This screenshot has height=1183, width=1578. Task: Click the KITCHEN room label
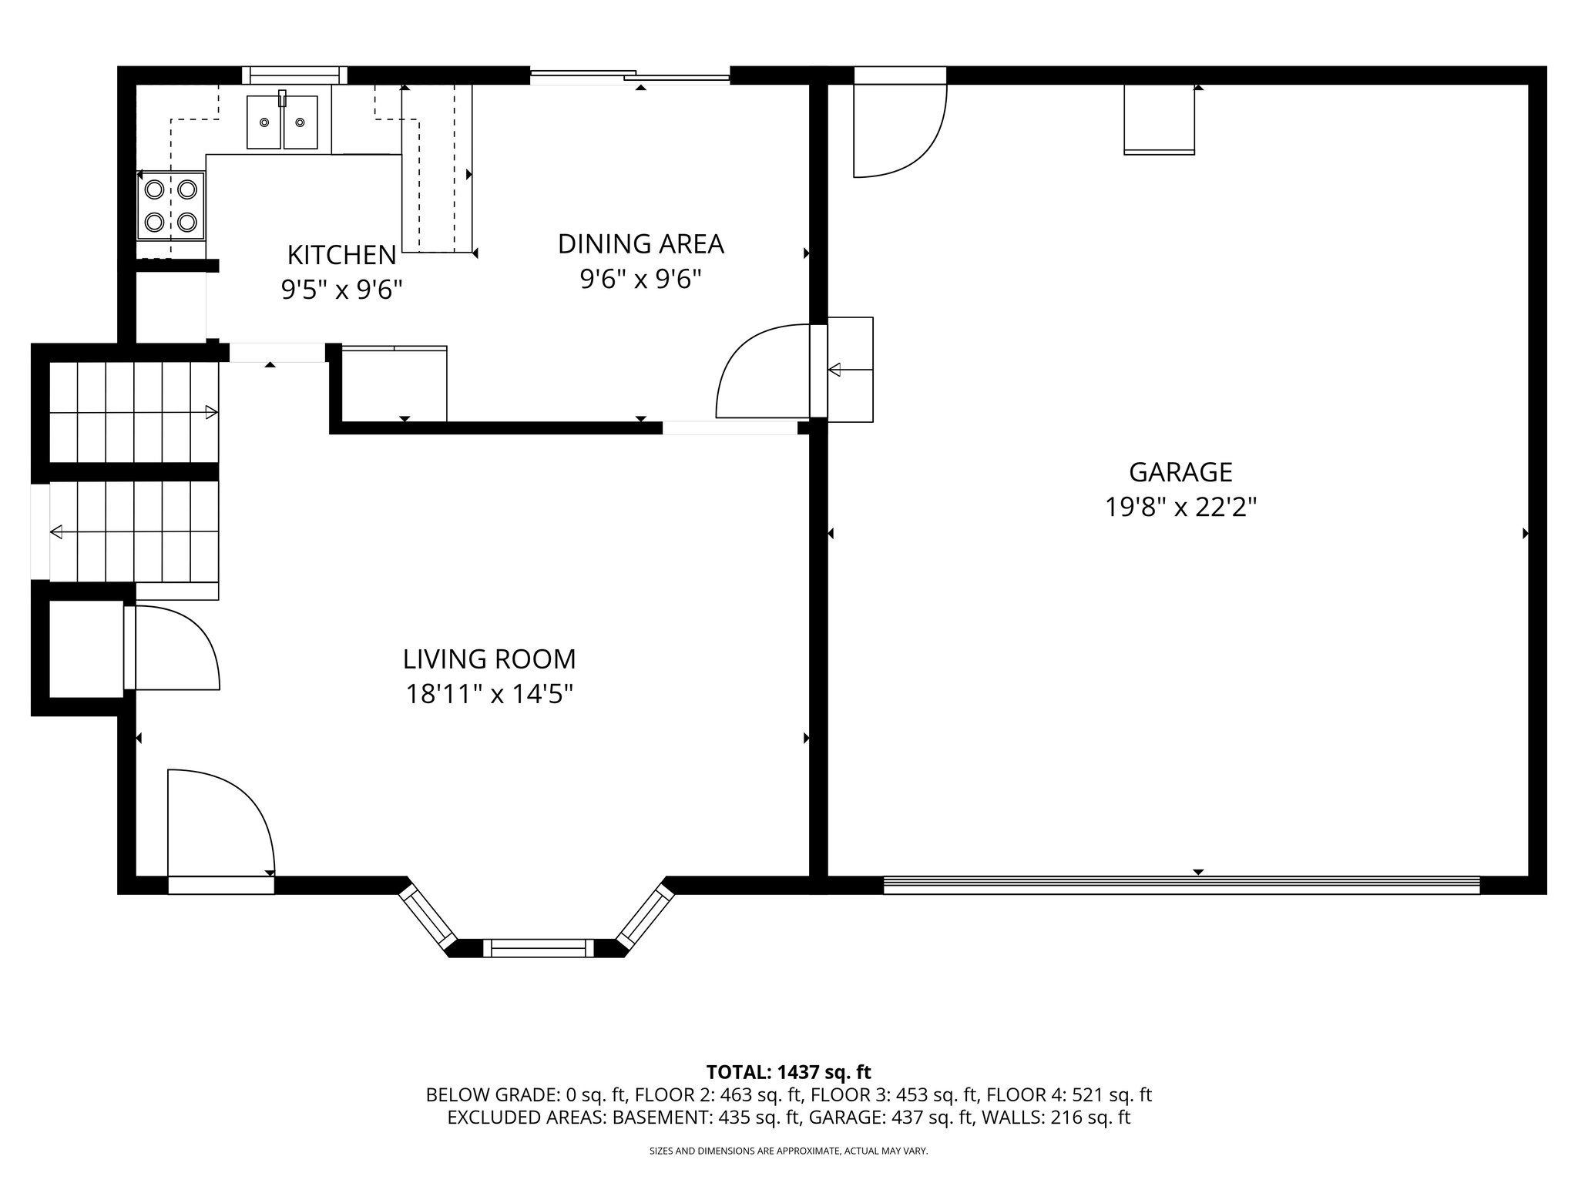click(341, 254)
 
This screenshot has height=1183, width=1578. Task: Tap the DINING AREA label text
click(640, 243)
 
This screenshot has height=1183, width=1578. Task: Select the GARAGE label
click(1180, 471)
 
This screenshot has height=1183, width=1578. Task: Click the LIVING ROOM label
click(489, 659)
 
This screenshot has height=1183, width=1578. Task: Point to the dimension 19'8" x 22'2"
click(1180, 508)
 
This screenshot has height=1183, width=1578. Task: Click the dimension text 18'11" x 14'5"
click(489, 695)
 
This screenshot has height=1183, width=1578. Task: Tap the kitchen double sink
click(282, 122)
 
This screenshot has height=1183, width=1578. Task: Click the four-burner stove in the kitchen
click(171, 206)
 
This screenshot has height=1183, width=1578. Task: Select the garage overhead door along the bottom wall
click(1180, 886)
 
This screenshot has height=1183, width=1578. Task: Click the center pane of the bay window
click(539, 947)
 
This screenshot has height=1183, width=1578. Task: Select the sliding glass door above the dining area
click(630, 75)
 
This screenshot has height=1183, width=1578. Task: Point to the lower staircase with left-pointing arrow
click(134, 531)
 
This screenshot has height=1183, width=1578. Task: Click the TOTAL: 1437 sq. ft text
click(788, 1072)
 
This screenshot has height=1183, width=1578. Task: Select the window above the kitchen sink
click(294, 75)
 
